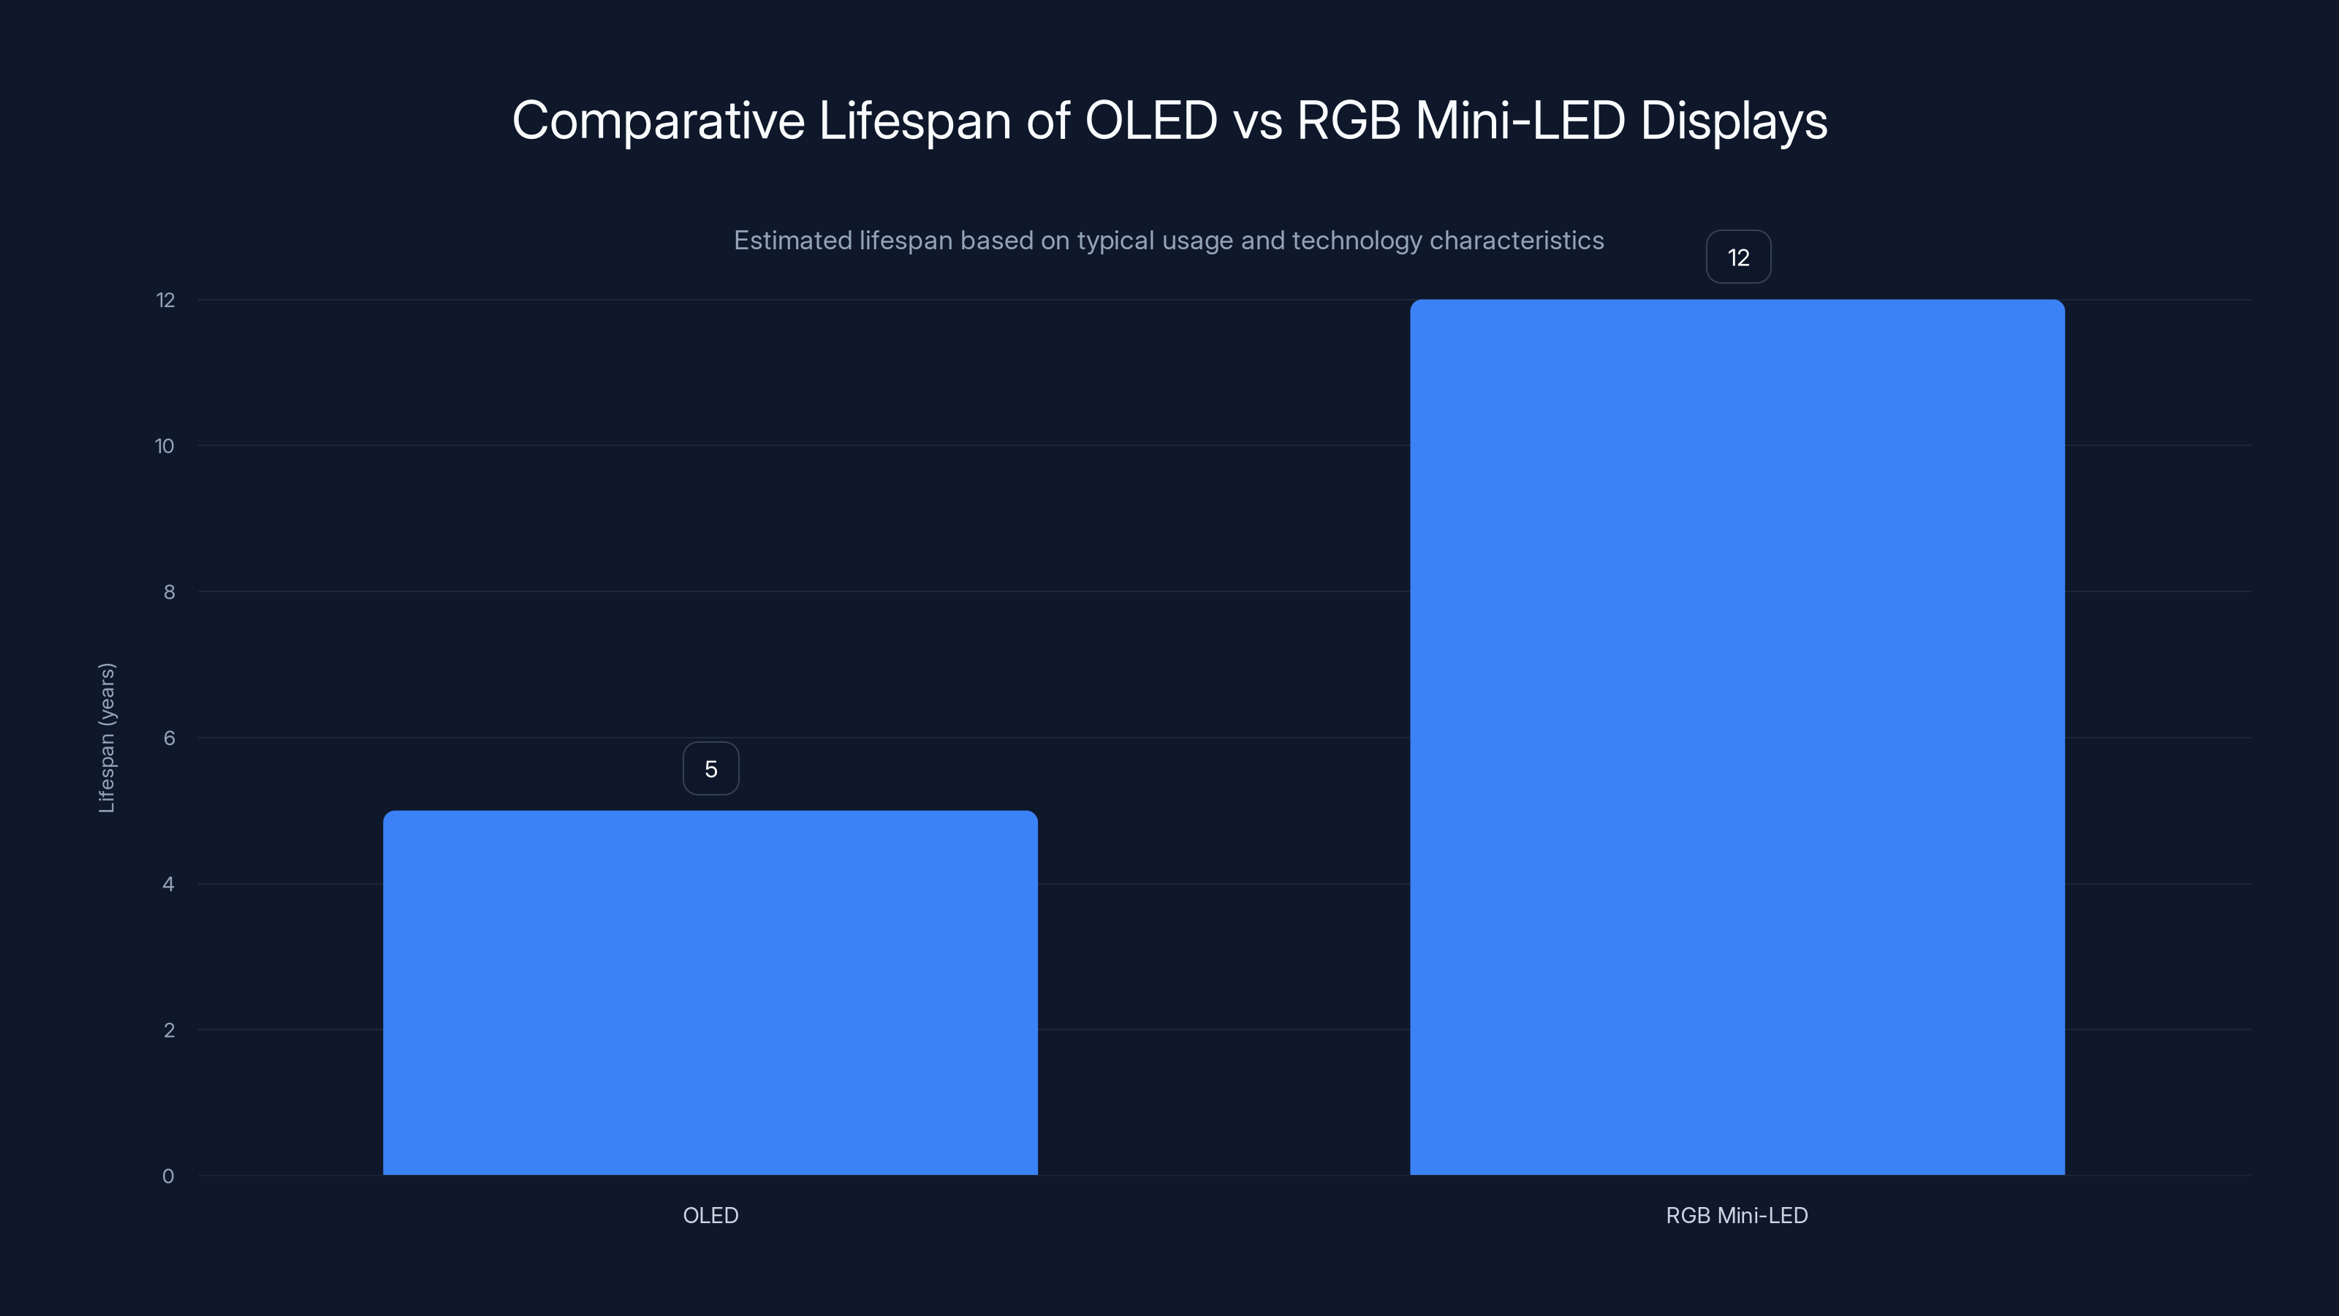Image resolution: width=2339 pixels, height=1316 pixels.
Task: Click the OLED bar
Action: pos(710,992)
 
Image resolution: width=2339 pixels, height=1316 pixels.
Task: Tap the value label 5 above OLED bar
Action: pos(711,768)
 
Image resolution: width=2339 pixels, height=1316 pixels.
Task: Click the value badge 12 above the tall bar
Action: pos(1738,257)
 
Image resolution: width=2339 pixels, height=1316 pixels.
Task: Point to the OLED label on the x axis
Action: pos(710,1215)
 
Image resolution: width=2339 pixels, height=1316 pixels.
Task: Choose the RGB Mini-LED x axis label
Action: pos(1736,1215)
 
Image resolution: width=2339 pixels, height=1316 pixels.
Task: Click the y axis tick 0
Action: pos(168,1176)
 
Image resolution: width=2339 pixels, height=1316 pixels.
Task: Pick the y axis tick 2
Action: pos(169,1030)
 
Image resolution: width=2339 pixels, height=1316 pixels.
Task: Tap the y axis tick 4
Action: pos(168,884)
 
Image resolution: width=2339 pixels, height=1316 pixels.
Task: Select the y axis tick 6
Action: pos(169,738)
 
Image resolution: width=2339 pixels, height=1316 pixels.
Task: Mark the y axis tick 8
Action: pos(169,592)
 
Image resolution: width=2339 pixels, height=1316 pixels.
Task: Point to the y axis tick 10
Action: pos(164,446)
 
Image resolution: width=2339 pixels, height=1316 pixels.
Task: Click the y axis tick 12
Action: pos(165,300)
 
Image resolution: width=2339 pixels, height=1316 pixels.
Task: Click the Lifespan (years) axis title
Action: pos(107,738)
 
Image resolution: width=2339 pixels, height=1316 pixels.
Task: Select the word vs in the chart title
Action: pos(1256,121)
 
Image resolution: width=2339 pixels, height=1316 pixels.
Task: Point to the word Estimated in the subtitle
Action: pos(792,241)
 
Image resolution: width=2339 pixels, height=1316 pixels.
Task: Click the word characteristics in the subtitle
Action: pos(1517,241)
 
